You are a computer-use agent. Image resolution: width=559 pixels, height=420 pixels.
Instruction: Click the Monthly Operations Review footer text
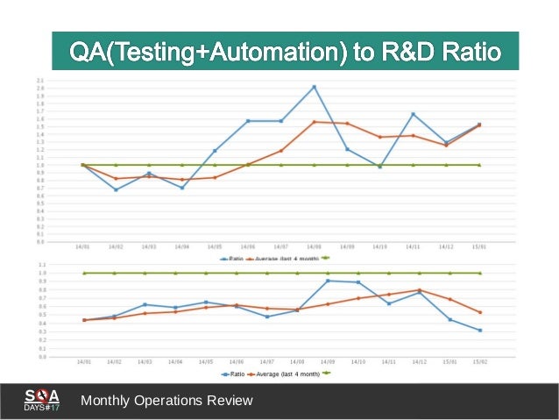[x=166, y=401]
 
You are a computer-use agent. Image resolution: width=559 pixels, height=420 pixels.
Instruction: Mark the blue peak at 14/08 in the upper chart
[x=314, y=87]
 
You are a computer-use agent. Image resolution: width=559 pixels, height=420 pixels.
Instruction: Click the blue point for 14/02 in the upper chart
[x=116, y=189]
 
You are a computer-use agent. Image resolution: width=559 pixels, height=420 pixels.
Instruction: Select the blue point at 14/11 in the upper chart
[x=413, y=114]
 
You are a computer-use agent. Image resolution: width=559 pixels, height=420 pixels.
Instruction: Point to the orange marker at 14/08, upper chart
[x=314, y=122]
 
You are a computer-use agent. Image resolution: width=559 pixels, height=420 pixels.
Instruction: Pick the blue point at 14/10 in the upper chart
[x=379, y=167]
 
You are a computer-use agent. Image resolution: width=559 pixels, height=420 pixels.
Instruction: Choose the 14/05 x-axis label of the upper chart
[x=215, y=247]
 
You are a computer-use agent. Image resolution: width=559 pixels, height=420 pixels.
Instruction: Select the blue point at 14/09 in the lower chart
[x=328, y=281]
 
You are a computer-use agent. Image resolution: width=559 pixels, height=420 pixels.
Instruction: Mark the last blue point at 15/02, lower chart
[x=480, y=331]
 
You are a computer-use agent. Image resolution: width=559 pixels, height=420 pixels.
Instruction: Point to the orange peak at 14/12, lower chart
[x=420, y=290]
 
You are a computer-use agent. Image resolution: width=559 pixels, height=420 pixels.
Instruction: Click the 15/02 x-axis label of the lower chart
[x=480, y=361]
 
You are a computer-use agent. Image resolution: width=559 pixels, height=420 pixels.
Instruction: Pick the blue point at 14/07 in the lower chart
[x=266, y=317]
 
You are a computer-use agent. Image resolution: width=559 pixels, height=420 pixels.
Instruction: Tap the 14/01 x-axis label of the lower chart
[x=84, y=361]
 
